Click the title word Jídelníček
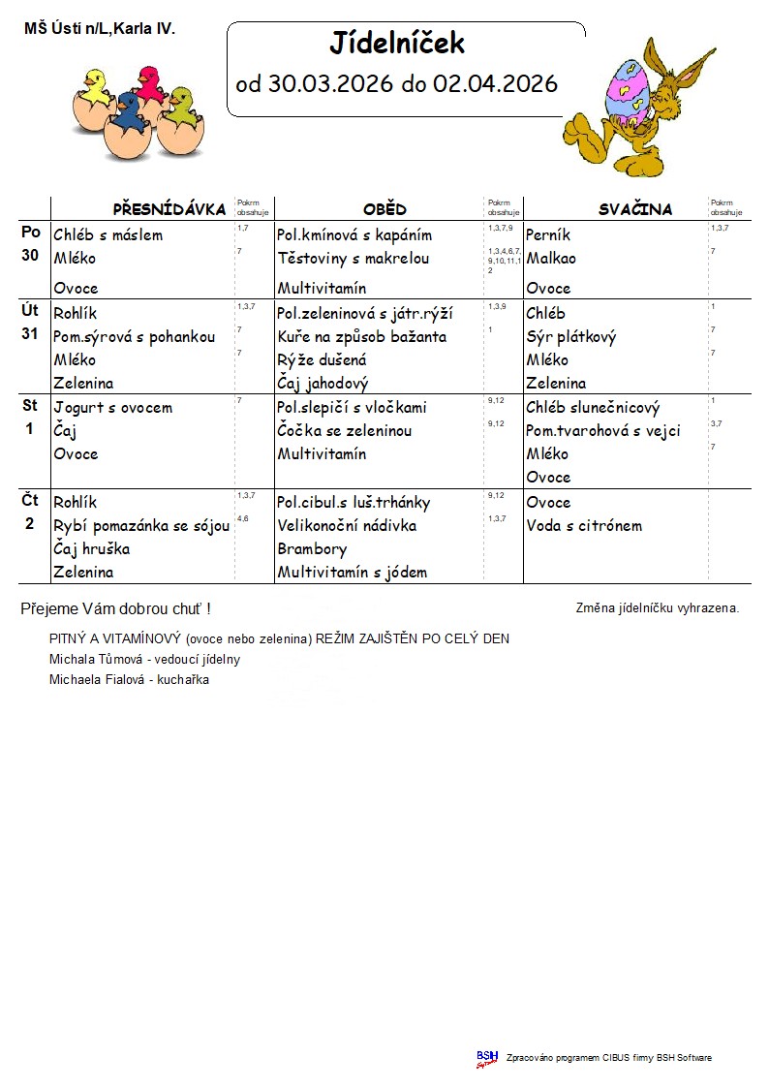click(x=397, y=44)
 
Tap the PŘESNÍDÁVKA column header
click(x=169, y=209)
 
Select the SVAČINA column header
click(x=634, y=209)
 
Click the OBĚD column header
click(x=384, y=209)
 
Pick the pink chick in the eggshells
click(x=149, y=84)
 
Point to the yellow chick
click(x=95, y=86)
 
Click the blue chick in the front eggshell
click(x=127, y=113)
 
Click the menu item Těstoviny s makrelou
click(x=353, y=259)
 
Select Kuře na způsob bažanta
click(x=361, y=337)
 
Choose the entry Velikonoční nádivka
click(x=347, y=526)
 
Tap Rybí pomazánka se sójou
click(x=141, y=526)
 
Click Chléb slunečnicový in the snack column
click(x=593, y=408)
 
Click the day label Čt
click(x=30, y=501)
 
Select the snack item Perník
click(x=548, y=235)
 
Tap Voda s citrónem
click(x=584, y=526)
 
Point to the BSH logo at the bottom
click(x=486, y=1058)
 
